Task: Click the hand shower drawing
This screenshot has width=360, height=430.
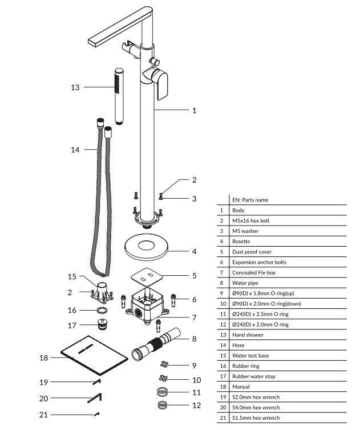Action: [x=119, y=97]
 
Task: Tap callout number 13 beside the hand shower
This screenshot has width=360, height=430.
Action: [x=75, y=87]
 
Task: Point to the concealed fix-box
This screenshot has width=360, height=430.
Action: [x=147, y=306]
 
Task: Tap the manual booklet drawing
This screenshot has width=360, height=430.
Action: [x=94, y=355]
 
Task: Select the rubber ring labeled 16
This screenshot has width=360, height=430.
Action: [x=102, y=311]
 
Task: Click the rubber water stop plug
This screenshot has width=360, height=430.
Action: [x=102, y=324]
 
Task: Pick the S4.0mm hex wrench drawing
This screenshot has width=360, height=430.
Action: [x=95, y=398]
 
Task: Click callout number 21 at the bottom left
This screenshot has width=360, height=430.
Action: [x=43, y=415]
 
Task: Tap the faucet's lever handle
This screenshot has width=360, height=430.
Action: [x=160, y=85]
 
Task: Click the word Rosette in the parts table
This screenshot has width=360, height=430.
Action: [x=241, y=242]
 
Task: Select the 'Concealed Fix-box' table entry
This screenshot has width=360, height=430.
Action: [x=254, y=272]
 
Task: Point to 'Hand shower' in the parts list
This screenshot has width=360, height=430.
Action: [x=248, y=335]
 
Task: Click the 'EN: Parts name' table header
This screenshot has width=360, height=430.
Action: [x=250, y=200]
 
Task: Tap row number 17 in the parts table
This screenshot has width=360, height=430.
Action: [x=223, y=376]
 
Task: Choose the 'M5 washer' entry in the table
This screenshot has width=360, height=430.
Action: [x=245, y=231]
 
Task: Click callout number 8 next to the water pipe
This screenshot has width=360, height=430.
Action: [x=194, y=339]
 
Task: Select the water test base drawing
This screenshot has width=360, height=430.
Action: [x=102, y=292]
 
